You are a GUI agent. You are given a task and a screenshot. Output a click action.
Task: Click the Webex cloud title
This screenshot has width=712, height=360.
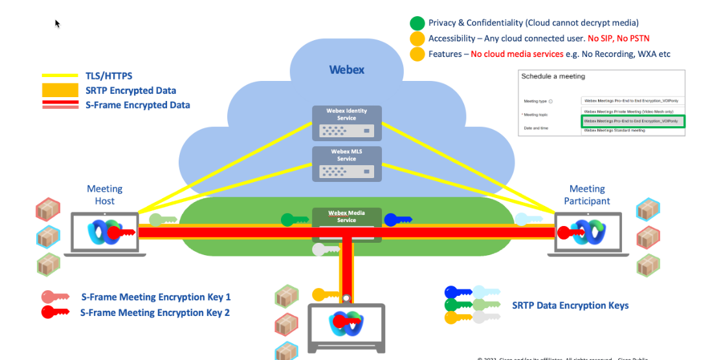[346, 69]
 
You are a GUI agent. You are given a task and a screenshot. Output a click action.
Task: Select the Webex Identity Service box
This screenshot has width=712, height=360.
[346, 122]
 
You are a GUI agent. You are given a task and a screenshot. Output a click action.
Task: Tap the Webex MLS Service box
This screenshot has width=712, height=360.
[346, 163]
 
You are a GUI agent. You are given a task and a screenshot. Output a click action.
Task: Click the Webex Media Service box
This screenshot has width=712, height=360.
[346, 216]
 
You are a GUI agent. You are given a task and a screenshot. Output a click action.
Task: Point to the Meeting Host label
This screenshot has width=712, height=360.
[105, 194]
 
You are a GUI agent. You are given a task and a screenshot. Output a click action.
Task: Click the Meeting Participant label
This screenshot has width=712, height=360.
[587, 194]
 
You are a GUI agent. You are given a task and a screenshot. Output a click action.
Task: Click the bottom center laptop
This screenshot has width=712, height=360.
[346, 324]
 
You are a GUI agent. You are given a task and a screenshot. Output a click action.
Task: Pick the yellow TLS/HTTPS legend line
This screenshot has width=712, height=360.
[57, 75]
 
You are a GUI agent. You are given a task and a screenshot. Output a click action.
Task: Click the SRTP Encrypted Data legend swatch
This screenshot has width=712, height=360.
[57, 90]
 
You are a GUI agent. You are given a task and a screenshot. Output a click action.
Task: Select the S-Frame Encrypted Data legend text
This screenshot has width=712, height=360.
[137, 105]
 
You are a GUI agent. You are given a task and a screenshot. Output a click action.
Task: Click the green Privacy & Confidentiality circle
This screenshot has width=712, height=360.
[417, 23]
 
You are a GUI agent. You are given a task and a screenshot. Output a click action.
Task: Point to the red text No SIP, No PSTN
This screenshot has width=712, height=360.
[618, 38]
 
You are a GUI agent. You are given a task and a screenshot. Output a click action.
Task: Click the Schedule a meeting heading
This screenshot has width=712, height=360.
[553, 76]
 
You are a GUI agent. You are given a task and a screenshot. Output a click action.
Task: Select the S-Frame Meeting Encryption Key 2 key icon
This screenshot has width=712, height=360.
[56, 312]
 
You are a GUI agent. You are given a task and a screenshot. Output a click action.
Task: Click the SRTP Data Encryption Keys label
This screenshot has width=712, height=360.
[570, 305]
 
